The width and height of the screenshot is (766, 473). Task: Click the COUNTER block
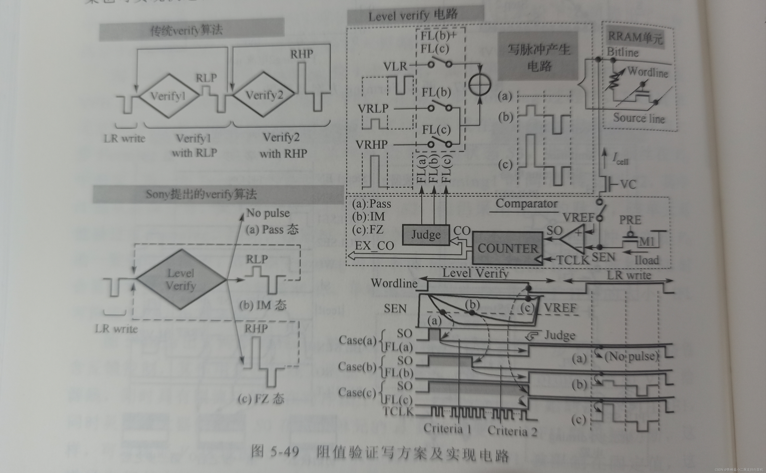[507, 248]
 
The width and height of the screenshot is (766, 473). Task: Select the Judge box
[426, 235]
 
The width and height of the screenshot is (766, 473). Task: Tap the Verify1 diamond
[169, 96]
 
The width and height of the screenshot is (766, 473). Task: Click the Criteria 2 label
[512, 431]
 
